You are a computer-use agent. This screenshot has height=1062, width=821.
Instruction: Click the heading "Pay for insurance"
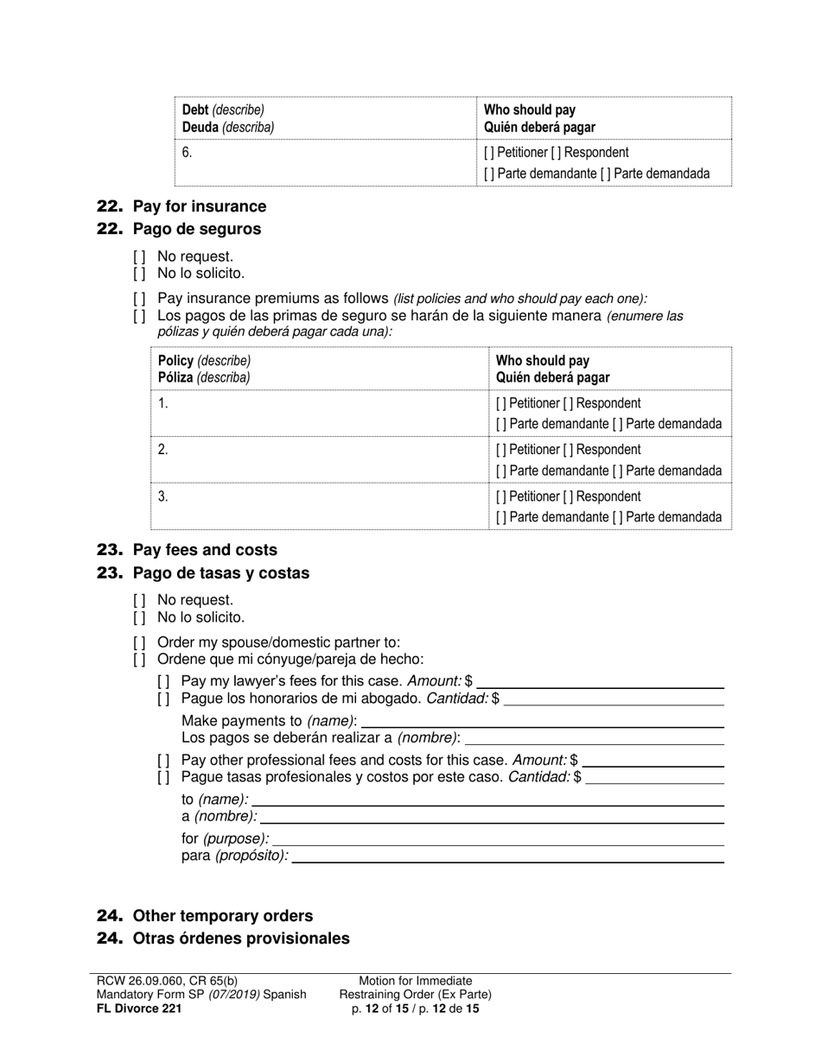point(199,206)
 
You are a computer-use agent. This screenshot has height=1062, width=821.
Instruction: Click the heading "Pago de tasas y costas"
point(220,573)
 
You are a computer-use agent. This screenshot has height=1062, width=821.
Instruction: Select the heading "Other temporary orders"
point(222,916)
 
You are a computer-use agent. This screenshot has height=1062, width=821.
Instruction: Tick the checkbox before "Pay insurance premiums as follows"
point(139,299)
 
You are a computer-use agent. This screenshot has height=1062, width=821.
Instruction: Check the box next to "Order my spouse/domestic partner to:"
point(139,642)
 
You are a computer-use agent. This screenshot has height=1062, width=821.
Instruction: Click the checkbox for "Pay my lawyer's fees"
point(163,681)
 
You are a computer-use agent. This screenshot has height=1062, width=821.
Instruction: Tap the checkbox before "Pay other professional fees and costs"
point(163,761)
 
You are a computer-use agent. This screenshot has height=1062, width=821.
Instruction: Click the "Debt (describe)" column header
point(223,111)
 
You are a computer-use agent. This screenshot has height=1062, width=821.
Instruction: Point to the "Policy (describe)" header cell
point(205,361)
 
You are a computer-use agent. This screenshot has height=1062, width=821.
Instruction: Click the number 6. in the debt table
point(188,153)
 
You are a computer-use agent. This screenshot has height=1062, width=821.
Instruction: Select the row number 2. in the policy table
point(163,450)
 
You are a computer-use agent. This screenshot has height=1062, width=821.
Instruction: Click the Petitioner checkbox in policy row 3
point(501,496)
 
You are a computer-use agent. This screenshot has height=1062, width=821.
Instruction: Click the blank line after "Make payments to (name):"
point(541,721)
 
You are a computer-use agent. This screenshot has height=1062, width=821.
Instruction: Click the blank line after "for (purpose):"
point(498,839)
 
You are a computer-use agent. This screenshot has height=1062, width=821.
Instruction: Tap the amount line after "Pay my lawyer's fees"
point(600,681)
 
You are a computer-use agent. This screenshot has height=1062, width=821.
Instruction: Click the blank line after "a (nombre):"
point(491,817)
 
